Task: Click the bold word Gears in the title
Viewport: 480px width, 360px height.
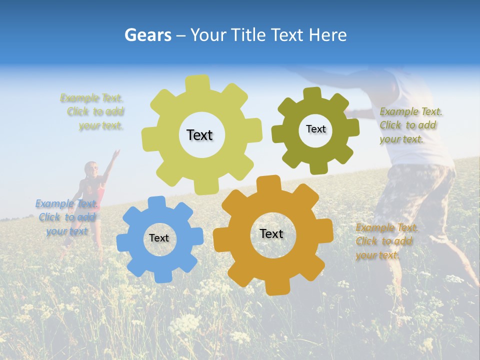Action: coord(147,35)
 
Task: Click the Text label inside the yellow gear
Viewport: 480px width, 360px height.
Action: coord(199,135)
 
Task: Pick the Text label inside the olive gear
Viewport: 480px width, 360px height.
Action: coord(315,129)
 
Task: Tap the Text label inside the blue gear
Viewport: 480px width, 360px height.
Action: coord(159,238)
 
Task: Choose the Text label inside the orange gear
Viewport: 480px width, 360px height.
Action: coord(271,233)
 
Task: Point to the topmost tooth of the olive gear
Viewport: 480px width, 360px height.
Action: coord(312,93)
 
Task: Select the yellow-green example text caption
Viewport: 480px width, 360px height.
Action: coord(93,112)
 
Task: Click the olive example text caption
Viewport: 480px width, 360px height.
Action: coord(410,125)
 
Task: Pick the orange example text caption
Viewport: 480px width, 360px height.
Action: coord(386,241)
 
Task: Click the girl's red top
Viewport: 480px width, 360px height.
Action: coord(95,190)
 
